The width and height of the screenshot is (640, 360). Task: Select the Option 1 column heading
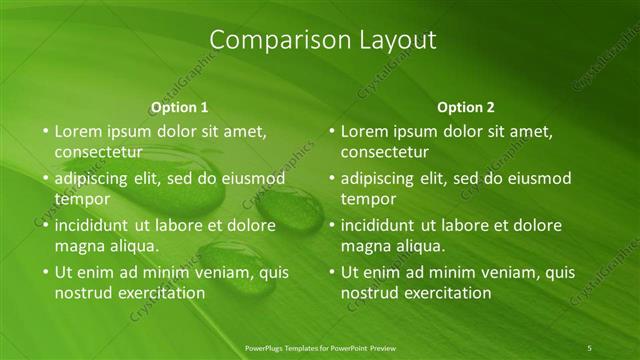pyautogui.click(x=180, y=107)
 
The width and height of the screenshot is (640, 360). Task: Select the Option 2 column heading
pyautogui.click(x=466, y=107)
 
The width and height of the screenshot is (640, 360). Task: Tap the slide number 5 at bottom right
pyautogui.click(x=589, y=347)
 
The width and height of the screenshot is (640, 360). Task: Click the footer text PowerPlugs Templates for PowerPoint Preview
pyautogui.click(x=320, y=347)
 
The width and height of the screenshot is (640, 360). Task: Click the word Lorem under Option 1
pyautogui.click(x=77, y=131)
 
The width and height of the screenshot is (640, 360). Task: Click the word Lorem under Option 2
pyautogui.click(x=363, y=131)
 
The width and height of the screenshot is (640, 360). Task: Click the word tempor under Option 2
pyautogui.click(x=365, y=198)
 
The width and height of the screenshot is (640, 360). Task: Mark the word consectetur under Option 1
pyautogui.click(x=98, y=152)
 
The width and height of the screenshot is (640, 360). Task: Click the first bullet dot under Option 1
pyautogui.click(x=44, y=131)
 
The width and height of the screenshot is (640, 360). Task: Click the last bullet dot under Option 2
pyautogui.click(x=330, y=272)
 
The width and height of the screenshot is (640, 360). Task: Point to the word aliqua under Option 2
pyautogui.click(x=418, y=246)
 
